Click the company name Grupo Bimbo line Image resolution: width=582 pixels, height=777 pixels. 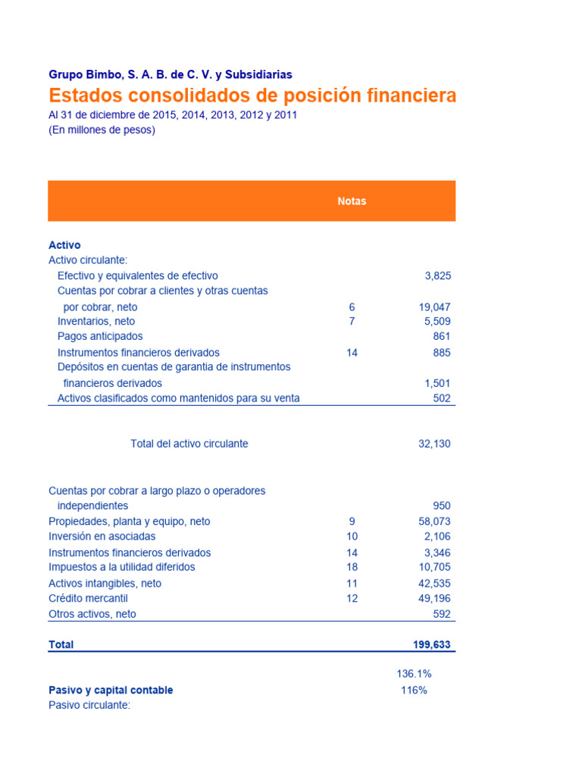pos(170,74)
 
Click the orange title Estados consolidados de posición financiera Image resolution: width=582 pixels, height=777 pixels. pos(252,96)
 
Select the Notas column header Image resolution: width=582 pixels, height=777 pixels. pos(352,201)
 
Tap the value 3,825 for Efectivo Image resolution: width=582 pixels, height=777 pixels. pos(437,275)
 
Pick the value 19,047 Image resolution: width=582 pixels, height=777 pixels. pos(434,307)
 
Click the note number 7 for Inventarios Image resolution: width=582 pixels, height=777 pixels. pos(352,321)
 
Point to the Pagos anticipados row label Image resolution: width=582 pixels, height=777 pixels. pos(100,336)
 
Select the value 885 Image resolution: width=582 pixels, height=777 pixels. pos(442,353)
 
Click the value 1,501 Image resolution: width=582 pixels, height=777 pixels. pos(437,383)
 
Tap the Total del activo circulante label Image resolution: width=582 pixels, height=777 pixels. pos(189,444)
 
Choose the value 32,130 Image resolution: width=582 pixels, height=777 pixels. pos(434,444)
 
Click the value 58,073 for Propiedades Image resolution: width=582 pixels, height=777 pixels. pos(434,521)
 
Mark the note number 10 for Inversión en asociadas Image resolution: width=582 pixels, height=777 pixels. pos(352,536)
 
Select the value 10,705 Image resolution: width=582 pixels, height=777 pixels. pos(434,567)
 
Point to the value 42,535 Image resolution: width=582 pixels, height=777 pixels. pos(434,584)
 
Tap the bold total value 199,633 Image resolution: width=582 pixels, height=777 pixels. pos(431,645)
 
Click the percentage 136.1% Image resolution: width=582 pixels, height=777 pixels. pos(414,674)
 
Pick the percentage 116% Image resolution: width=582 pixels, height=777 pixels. pos(414,690)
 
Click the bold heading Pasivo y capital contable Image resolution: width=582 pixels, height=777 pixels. pos(111,690)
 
